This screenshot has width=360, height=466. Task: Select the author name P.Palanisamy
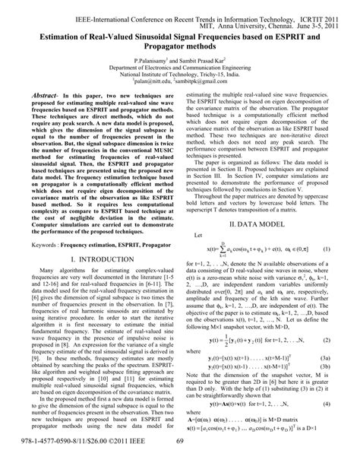(x=156, y=59)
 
